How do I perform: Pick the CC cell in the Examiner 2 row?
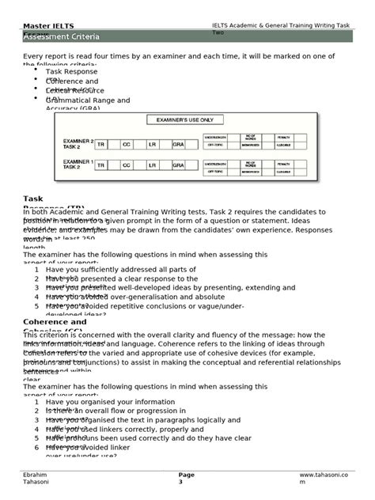pyautogui.click(x=127, y=145)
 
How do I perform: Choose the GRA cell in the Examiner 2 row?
pyautogui.click(x=178, y=145)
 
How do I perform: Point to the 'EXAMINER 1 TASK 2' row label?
pyautogui.click(x=78, y=165)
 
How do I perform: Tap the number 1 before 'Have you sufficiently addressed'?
pyautogui.click(x=37, y=270)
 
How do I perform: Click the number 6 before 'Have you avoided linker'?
pyautogui.click(x=37, y=447)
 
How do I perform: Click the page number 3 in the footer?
pyautogui.click(x=180, y=481)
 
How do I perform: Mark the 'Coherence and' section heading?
pyautogui.click(x=55, y=322)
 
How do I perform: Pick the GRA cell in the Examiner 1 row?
pyautogui.click(x=178, y=166)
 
